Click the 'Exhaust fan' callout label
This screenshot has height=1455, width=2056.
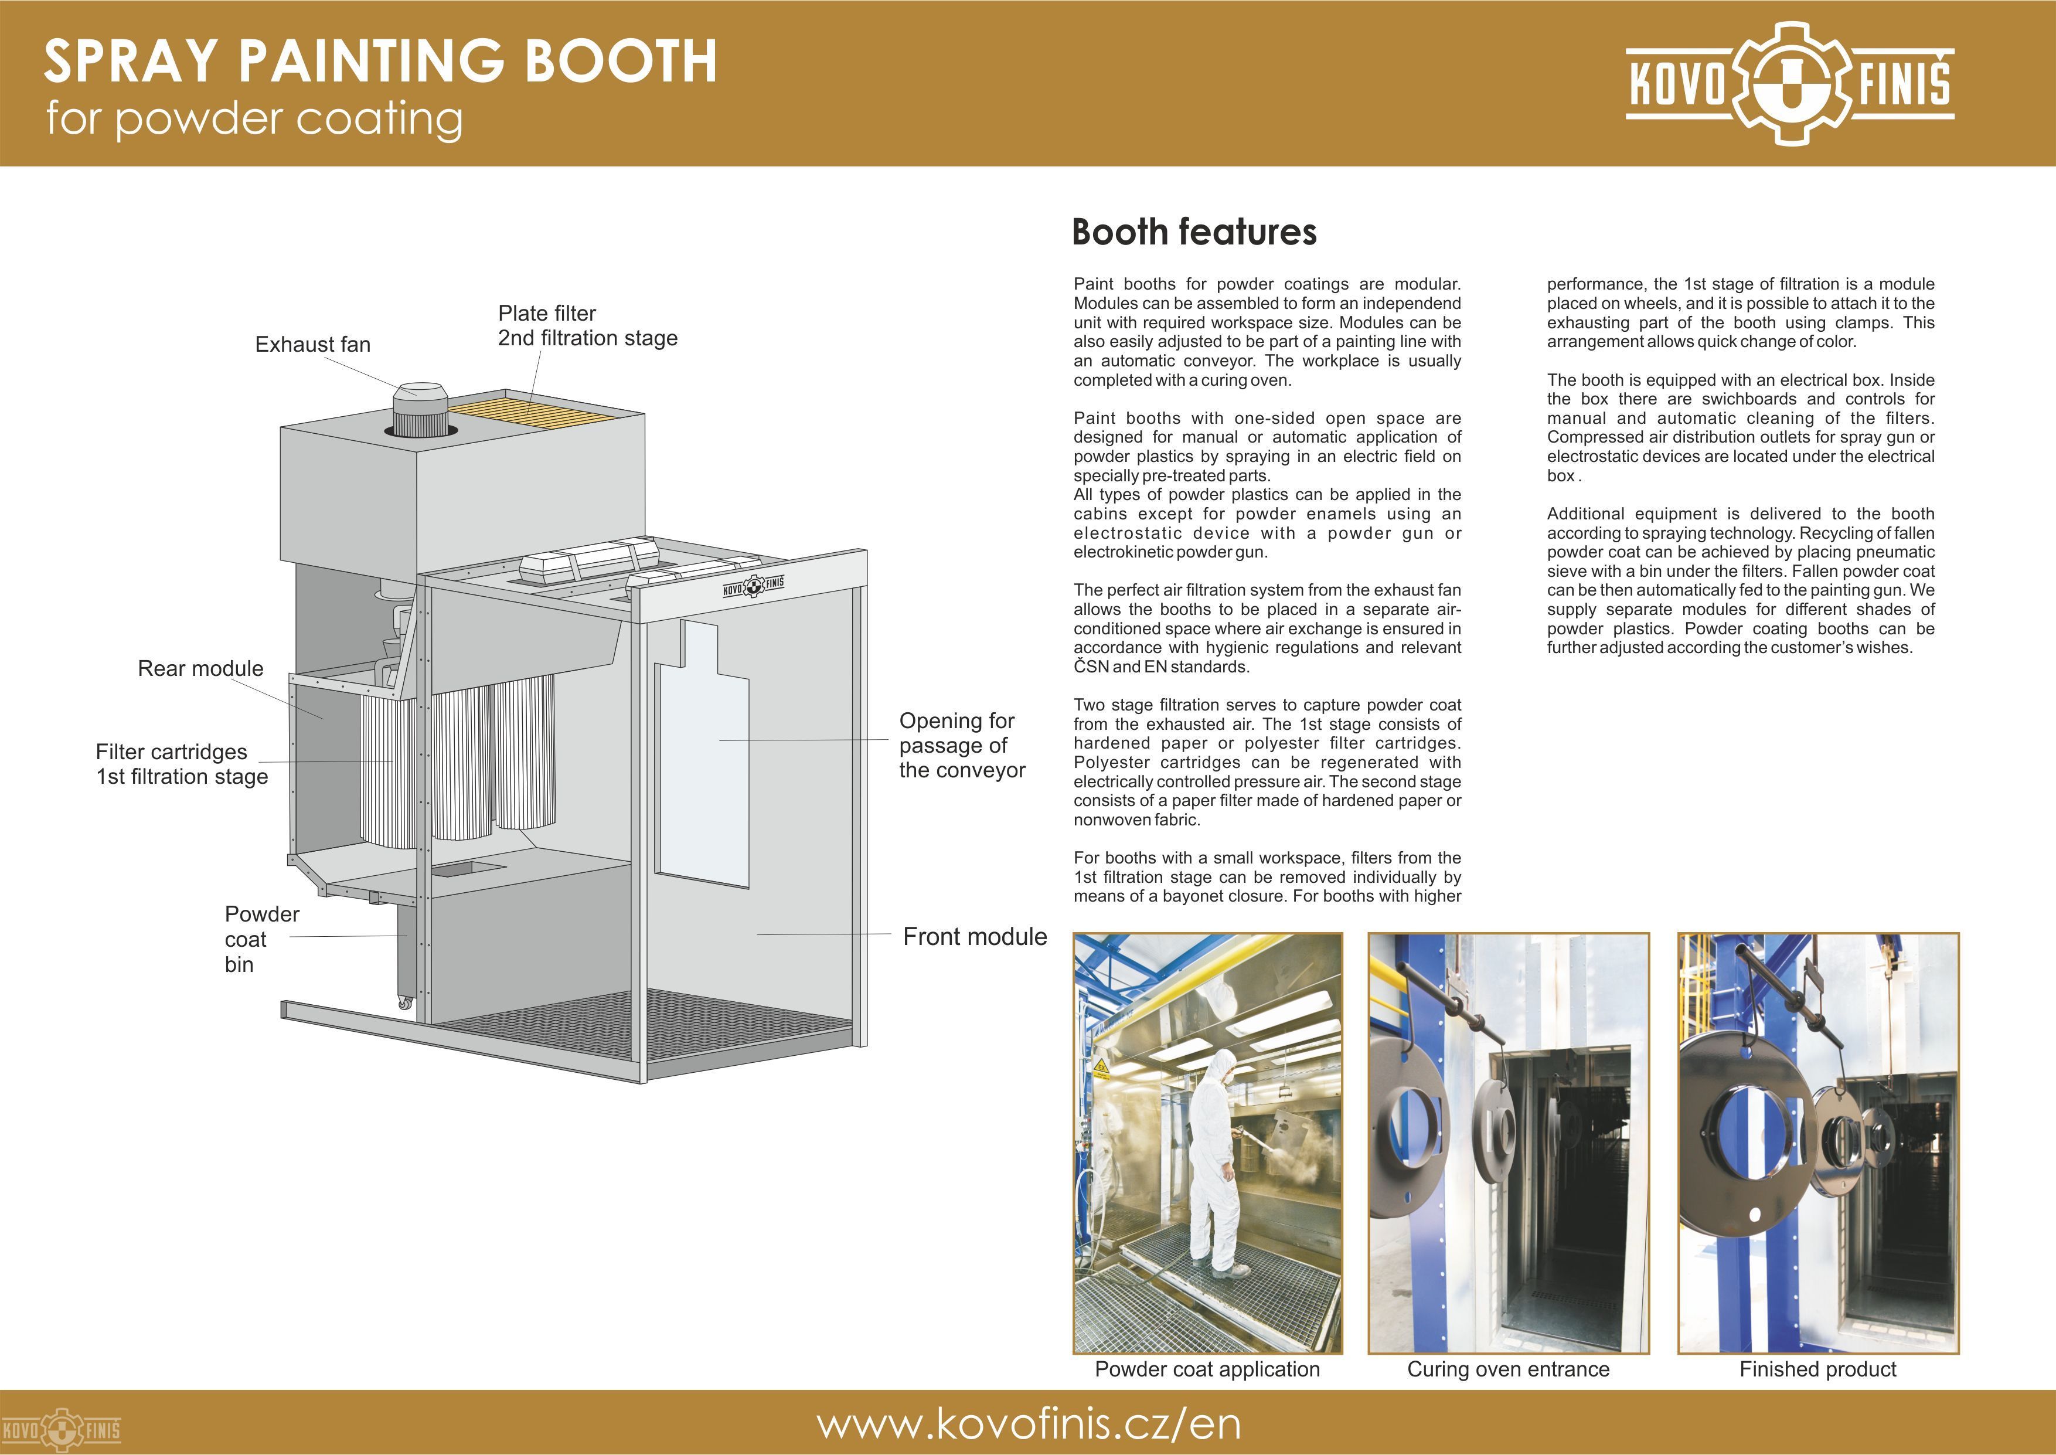pyautogui.click(x=312, y=345)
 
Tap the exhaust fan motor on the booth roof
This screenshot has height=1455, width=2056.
pyautogui.click(x=419, y=413)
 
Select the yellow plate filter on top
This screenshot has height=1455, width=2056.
pyautogui.click(x=532, y=412)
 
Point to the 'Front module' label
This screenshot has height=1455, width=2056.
pyautogui.click(x=974, y=937)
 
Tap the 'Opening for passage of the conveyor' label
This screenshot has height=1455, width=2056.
pyautogui.click(x=962, y=746)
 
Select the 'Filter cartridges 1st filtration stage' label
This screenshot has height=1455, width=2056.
pyautogui.click(x=182, y=764)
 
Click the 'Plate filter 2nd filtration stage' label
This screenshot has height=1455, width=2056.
pyautogui.click(x=587, y=326)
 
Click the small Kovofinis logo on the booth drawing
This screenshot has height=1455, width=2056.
pyautogui.click(x=753, y=587)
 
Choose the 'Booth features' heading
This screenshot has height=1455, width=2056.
pyautogui.click(x=1194, y=232)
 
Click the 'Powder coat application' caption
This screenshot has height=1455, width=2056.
pyautogui.click(x=1207, y=1369)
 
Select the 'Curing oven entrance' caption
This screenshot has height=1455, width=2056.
pyautogui.click(x=1508, y=1369)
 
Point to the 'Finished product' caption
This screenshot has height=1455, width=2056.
pyautogui.click(x=1818, y=1369)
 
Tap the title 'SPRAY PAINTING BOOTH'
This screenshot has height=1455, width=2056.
pyautogui.click(x=380, y=61)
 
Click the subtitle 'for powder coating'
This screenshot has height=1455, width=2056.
pyautogui.click(x=254, y=119)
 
